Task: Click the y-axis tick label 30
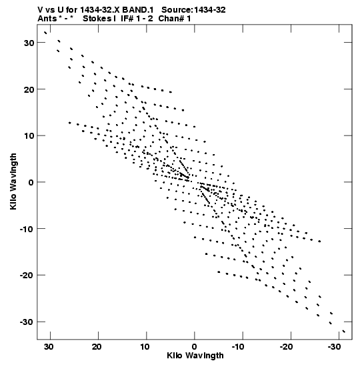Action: (x=29, y=43)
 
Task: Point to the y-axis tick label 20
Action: (x=29, y=89)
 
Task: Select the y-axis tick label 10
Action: (x=29, y=136)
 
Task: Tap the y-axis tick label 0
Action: (x=31, y=183)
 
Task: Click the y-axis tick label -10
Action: (x=27, y=229)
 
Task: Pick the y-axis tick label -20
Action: (x=27, y=276)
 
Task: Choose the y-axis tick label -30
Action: (x=27, y=322)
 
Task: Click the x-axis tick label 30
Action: (x=49, y=347)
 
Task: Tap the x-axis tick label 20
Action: (x=97, y=347)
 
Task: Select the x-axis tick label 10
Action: (x=145, y=347)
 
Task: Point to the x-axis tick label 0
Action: (x=195, y=347)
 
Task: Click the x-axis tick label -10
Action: (x=238, y=347)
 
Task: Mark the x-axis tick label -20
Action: (x=286, y=347)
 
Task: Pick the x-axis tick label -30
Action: (x=334, y=347)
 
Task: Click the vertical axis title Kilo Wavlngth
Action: (x=13, y=181)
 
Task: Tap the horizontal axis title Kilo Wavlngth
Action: (x=195, y=356)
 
